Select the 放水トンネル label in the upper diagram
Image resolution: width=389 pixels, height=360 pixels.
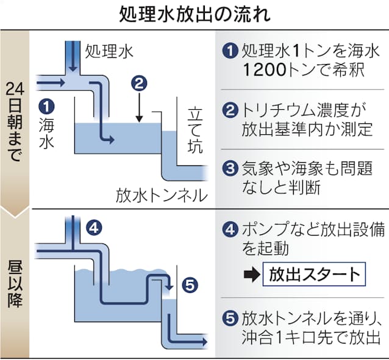pos(159,196)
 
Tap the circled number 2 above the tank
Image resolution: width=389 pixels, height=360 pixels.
pos(140,82)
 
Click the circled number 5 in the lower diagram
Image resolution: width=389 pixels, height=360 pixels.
pos(190,284)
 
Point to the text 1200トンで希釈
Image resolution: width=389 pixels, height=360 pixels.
pos(303,70)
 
